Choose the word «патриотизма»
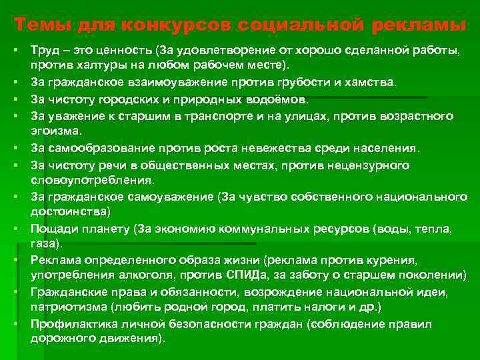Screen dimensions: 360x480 click(x=65, y=307)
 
